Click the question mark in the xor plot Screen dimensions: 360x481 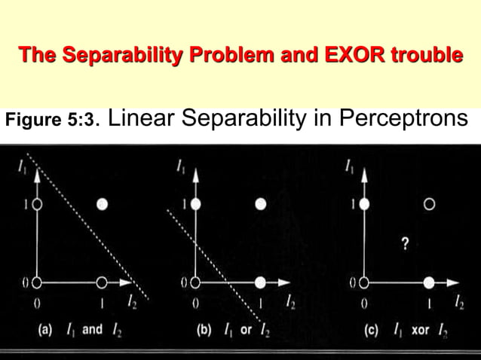coord(406,243)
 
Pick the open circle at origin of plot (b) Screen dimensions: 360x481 coord(195,282)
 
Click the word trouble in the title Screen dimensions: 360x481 coord(428,55)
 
